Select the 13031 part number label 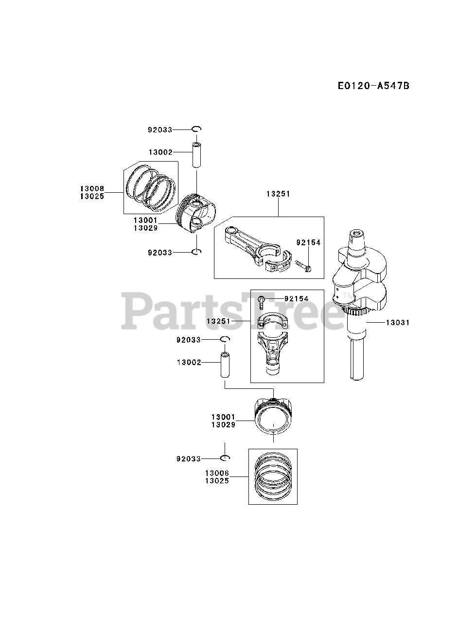[398, 322]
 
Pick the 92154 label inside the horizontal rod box [309, 242]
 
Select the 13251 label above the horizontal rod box [278, 194]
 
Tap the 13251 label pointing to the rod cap [218, 321]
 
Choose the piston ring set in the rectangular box [273, 476]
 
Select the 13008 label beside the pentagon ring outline [92, 188]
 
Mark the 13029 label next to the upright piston [223, 424]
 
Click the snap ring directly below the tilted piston [196, 252]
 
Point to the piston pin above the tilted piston [196, 154]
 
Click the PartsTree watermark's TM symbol [347, 296]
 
